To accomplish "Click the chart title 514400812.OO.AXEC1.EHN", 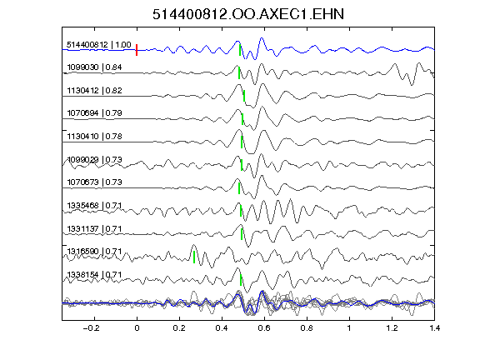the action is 248,14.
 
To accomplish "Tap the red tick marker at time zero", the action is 137,50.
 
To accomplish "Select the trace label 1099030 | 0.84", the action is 94,67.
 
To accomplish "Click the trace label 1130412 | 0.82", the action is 94,90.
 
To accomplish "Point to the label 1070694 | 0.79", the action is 94,113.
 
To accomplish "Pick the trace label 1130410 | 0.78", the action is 94,136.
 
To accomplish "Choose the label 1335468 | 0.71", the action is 94,205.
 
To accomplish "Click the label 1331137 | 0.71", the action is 94,228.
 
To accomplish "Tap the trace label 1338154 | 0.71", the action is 94,275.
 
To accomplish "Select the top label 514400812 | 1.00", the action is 99,45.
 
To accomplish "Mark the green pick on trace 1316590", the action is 194,257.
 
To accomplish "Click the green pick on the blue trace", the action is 240,50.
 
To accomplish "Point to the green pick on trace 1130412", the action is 244,96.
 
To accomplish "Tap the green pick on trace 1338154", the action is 241,280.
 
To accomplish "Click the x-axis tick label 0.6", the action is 264,328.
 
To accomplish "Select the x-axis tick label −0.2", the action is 91,328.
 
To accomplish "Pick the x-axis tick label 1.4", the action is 434,328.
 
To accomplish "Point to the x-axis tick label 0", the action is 137,328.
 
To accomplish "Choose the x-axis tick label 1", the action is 349,328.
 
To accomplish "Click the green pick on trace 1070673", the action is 239,188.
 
